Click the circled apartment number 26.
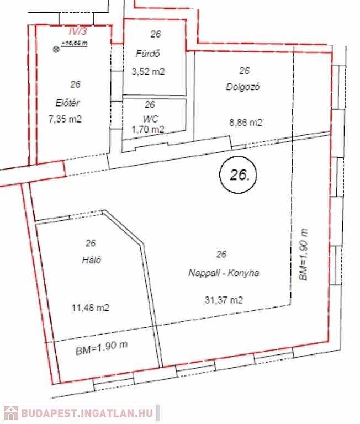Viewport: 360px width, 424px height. coord(238,175)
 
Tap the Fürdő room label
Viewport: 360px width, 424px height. coord(147,54)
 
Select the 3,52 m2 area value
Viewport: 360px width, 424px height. coord(148,72)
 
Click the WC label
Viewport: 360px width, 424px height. coord(151,119)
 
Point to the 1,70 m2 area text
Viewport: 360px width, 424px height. coord(147,130)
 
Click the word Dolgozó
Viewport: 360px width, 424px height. coord(243,87)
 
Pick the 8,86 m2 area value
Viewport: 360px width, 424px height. coord(246,123)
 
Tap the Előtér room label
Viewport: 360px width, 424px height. coord(67,103)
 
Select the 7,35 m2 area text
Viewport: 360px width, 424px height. coord(65,119)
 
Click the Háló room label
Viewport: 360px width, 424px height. coord(92,260)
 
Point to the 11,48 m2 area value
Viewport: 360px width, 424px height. coord(91,308)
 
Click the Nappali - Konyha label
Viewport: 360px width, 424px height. coord(224,273)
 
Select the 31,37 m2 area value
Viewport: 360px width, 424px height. coord(224,300)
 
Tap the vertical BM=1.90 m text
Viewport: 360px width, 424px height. coord(303,255)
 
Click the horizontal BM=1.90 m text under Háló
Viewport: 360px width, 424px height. coord(102,348)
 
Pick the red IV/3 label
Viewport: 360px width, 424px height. coord(78,31)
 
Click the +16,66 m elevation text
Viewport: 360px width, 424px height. coord(75,43)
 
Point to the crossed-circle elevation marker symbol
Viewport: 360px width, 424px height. coord(56,49)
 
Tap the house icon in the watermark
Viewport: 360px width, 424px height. coord(11,414)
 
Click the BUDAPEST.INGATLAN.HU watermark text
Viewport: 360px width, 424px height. coord(87,414)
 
